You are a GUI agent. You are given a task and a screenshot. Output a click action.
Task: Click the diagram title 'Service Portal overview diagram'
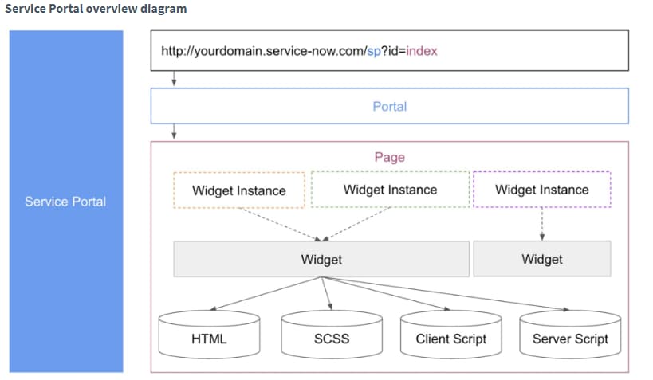96,10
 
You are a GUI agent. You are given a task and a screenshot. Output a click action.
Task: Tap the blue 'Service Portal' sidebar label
65,202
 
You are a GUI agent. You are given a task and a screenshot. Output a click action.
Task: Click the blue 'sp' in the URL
373,51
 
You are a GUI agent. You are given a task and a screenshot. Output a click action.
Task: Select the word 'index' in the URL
422,51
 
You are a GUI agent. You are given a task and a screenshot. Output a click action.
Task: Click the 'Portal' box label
389,106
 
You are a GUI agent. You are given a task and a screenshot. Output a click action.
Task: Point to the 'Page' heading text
389,157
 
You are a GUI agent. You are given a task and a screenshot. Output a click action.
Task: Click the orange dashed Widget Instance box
239,190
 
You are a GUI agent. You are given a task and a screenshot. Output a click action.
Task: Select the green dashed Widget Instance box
390,190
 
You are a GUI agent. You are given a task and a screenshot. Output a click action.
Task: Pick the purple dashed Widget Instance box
542,190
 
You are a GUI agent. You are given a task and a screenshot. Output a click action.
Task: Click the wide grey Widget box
321,259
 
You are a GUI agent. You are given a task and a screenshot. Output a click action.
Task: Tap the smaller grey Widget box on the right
542,259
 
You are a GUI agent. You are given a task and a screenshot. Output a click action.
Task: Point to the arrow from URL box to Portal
174,79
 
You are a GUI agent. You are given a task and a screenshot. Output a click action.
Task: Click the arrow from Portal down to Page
174,132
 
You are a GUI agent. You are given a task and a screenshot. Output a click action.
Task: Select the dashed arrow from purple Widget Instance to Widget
542,224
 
